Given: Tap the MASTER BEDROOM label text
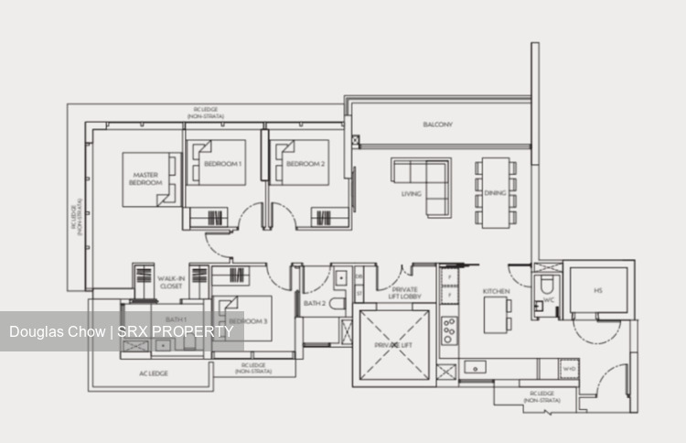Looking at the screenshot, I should tap(146, 178).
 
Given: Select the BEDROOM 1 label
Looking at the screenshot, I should tap(222, 164).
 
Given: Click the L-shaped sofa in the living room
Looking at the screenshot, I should tap(422, 183).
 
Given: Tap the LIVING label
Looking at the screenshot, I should tap(411, 194).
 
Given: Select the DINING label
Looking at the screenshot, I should tap(495, 194).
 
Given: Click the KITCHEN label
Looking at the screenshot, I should tap(497, 291).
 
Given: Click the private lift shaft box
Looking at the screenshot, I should tap(394, 344).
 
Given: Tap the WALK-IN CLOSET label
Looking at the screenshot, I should tap(170, 283).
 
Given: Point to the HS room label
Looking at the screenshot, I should tap(597, 291).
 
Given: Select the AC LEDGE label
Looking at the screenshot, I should tap(151, 373).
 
